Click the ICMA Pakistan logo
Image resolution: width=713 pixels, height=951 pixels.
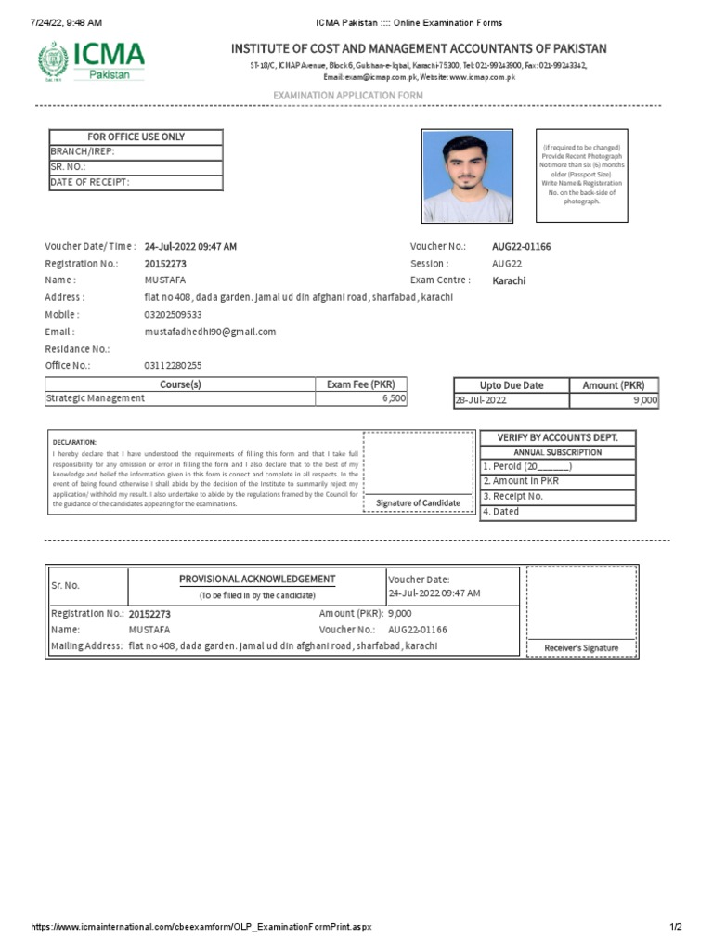[91, 60]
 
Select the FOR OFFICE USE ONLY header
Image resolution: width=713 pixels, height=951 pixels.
[136, 137]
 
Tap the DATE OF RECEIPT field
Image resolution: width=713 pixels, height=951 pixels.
[136, 182]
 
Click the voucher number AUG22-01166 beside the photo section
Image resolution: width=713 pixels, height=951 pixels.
[521, 247]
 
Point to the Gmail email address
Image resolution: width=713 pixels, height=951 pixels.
[210, 332]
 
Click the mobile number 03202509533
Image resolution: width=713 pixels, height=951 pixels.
[174, 315]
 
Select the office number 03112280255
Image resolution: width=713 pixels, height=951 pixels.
[174, 366]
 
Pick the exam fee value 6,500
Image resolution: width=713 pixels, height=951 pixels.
[393, 398]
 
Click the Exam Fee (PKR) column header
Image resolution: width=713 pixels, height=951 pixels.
[360, 384]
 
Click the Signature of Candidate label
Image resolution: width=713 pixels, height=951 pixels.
[418, 502]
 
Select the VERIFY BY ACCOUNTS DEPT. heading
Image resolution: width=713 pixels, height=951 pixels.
[558, 437]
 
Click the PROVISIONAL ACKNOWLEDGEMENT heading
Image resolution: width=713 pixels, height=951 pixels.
[257, 580]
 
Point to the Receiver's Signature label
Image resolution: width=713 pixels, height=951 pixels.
[581, 647]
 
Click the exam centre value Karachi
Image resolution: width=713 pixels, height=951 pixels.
[509, 281]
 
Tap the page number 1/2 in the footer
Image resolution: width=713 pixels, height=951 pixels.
[676, 927]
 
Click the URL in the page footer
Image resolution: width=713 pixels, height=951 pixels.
[201, 927]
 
